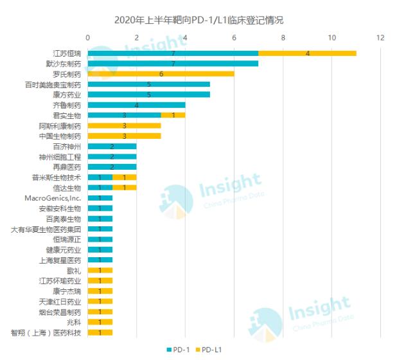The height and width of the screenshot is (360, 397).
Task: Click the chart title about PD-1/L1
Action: [198, 20]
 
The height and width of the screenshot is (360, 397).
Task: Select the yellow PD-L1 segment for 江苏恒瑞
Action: [307, 53]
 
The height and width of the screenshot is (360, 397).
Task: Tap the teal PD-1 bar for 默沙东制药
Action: [173, 63]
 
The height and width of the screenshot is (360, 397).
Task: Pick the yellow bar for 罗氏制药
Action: [161, 73]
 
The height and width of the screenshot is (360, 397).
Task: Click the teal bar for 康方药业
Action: [148, 94]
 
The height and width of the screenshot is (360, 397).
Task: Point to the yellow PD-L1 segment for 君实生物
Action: [173, 115]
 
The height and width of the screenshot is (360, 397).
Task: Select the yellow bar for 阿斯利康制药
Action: [124, 125]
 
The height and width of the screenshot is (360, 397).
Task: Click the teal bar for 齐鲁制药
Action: [136, 105]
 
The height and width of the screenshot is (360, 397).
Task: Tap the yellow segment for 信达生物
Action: [124, 188]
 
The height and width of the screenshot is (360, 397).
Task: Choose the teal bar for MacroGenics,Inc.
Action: [100, 198]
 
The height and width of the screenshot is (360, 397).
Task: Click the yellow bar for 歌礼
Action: [100, 270]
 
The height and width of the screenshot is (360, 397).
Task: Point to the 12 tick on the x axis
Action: [380, 37]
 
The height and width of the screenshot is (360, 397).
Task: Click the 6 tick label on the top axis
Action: [234, 37]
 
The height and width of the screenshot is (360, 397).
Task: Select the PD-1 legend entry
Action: [179, 349]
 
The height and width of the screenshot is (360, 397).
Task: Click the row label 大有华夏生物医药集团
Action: [46, 229]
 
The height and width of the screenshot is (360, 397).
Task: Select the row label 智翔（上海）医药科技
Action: [46, 332]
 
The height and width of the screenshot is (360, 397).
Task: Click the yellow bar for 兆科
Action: [100, 322]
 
